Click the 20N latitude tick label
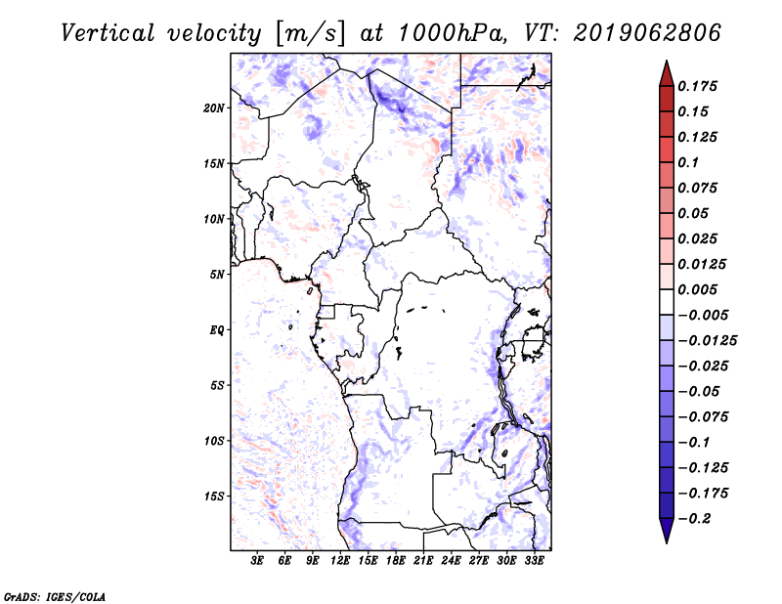point(213,108)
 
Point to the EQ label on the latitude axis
point(216,330)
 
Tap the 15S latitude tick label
point(214,496)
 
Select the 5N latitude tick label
point(216,275)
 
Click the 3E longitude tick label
point(257,561)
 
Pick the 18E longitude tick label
point(396,561)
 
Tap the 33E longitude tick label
point(534,561)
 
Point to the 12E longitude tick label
point(340,561)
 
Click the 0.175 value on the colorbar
point(697,86)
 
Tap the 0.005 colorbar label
point(697,289)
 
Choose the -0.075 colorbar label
point(703,417)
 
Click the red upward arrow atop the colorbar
point(667,74)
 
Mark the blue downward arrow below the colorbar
point(667,531)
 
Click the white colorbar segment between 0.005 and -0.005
point(667,302)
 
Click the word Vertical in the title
point(108,33)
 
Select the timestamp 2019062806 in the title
point(647,33)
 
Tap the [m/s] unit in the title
point(310,34)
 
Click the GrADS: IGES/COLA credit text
point(55,597)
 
